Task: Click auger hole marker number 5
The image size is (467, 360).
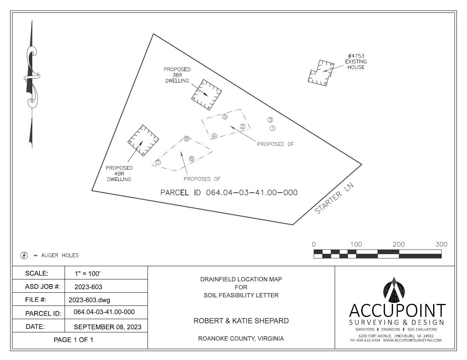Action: click(x=225, y=117)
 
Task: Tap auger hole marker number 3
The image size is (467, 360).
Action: click(x=270, y=120)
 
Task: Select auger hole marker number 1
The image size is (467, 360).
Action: click(x=272, y=128)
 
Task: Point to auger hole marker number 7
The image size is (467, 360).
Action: click(x=158, y=162)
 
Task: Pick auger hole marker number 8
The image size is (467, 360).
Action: click(x=191, y=159)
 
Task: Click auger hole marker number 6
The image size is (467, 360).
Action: click(x=186, y=139)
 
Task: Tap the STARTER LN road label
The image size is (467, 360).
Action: click(x=334, y=198)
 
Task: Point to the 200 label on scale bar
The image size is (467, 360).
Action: click(x=399, y=244)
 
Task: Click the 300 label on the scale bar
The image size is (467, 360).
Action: click(x=441, y=244)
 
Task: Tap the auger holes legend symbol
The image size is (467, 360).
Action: click(x=24, y=255)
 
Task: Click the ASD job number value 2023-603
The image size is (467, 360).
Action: click(x=88, y=287)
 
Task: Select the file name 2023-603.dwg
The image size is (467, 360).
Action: click(x=90, y=300)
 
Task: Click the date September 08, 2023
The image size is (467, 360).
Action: click(x=108, y=327)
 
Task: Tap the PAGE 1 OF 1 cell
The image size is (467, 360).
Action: click(x=73, y=340)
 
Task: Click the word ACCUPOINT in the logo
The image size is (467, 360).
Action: click(x=397, y=310)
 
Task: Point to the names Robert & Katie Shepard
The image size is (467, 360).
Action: click(x=241, y=321)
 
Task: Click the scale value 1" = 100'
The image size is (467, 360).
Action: click(x=88, y=274)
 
